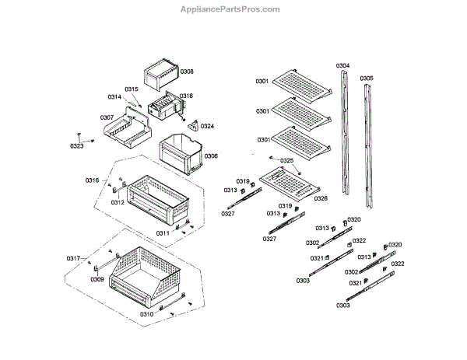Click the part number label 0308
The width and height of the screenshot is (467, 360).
187,71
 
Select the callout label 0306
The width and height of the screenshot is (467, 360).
211,156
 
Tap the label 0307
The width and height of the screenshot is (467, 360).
107,117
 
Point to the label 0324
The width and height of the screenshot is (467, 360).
207,126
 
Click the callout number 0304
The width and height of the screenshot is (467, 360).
342,65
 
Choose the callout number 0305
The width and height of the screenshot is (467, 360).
367,78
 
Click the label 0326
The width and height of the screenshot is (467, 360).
321,198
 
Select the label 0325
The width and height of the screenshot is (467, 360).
287,160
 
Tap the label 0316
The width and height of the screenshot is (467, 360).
93,180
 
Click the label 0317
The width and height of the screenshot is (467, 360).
73,258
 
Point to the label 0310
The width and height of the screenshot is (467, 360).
146,314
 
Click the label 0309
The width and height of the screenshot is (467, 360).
97,279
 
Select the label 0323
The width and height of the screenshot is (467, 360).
76,146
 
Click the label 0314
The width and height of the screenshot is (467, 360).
114,97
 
